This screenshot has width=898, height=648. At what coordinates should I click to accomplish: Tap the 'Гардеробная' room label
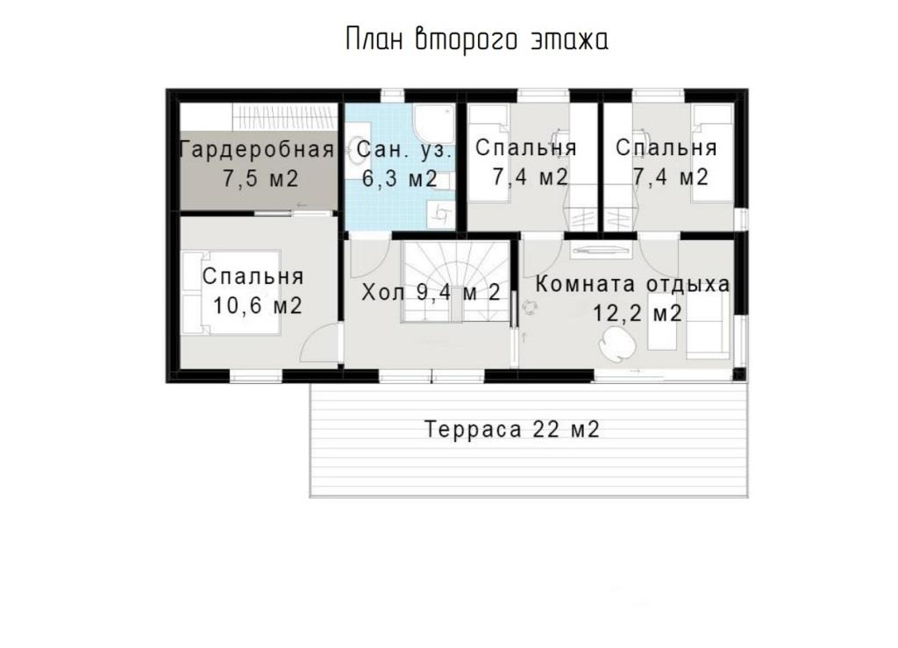257,149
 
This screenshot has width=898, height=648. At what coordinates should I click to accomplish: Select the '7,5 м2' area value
260,179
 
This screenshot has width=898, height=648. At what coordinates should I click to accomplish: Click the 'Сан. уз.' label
404,149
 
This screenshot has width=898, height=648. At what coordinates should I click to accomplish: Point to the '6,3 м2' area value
400,179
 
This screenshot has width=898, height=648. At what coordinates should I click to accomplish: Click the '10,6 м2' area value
257,306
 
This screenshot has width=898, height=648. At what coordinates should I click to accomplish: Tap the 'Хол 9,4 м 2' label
431,293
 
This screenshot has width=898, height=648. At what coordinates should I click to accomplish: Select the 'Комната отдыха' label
633,284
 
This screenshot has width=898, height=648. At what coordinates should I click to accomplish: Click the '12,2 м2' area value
637,314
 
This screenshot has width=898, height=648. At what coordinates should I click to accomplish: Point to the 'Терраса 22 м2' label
512,429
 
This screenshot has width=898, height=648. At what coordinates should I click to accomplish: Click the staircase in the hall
455,281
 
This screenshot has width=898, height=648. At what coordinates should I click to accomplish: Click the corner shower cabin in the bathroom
435,123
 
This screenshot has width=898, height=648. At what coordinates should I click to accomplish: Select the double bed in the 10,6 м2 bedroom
232,292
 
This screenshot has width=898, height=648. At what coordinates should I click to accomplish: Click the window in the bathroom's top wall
392,95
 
